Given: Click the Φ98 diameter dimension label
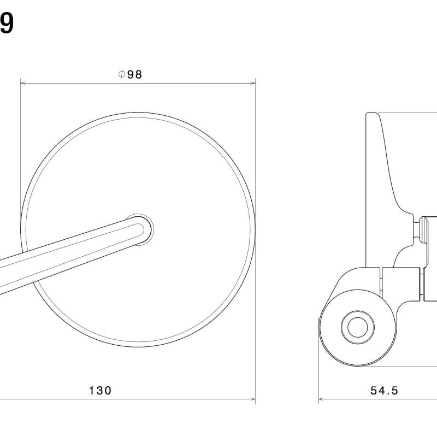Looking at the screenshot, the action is pos(130,74).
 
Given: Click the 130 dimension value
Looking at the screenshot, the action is pos(101,391).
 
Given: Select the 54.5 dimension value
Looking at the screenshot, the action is pos(385,391).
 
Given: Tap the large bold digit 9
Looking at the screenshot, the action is pos(6,23).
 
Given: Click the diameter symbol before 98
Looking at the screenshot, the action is pos(121,74).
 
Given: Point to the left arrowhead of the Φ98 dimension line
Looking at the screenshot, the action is pos(23,83).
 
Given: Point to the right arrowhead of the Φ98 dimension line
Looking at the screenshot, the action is pos(252,83).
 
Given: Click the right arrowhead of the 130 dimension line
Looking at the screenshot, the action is pos(252,399).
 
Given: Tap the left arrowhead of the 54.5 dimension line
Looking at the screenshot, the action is pos(321,399).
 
